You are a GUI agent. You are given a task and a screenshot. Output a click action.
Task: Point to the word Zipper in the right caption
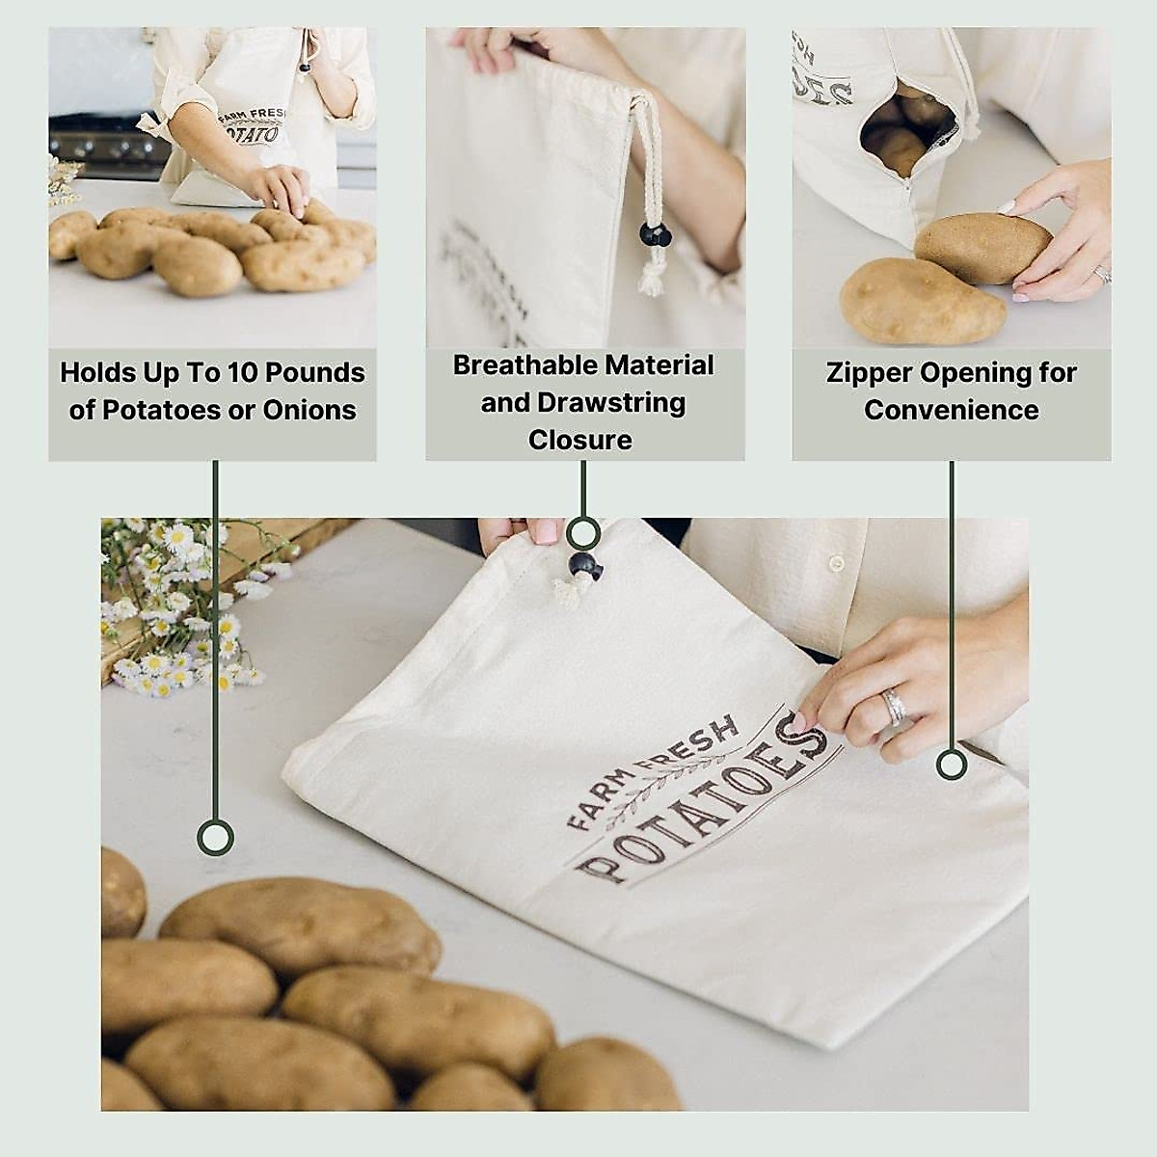pos(868,372)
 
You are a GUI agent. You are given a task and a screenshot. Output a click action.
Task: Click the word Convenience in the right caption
pos(951,410)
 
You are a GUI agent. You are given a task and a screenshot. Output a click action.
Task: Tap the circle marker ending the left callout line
pos(215,837)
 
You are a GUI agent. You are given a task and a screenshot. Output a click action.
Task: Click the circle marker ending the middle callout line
pos(582,532)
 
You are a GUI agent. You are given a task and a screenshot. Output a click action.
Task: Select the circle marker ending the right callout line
pos(952,766)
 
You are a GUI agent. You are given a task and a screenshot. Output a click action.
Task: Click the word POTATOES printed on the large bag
pos(704,805)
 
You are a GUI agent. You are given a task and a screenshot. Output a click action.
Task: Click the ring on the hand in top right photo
pos(1102,274)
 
